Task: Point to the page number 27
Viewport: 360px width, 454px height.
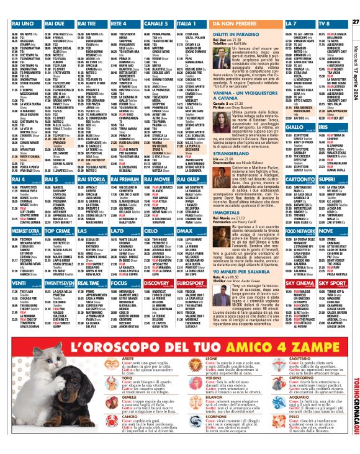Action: (x=355, y=5)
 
